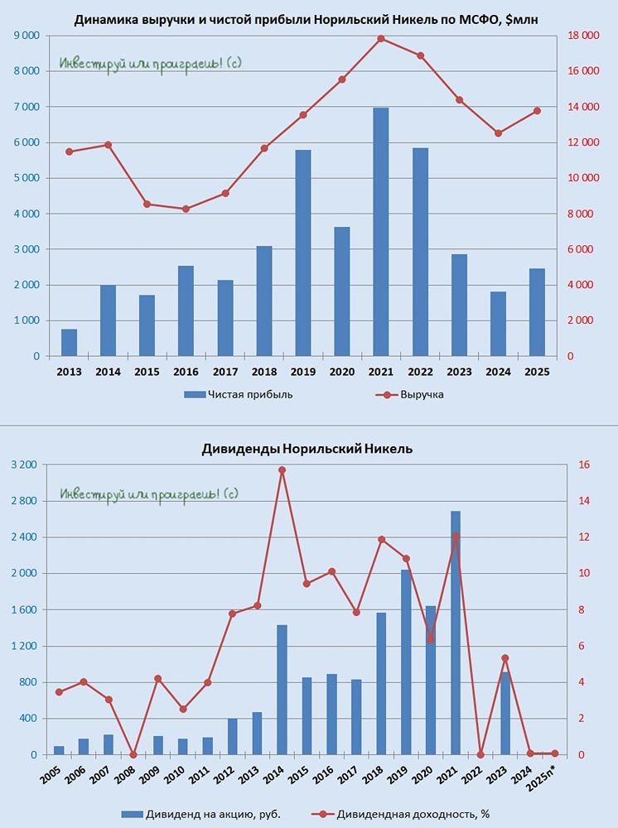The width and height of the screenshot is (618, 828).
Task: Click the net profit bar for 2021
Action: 381,232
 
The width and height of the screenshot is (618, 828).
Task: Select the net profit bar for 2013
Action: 69,343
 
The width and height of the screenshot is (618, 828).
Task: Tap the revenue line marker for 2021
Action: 381,39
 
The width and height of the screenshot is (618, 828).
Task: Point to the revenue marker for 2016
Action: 186,209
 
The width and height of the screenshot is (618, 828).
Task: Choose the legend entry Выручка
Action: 422,394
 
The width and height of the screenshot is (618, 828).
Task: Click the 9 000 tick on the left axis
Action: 24,36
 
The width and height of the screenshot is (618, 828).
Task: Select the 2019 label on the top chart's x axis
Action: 302,373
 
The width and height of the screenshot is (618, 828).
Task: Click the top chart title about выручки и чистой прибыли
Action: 307,19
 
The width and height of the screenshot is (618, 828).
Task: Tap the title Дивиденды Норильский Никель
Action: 307,449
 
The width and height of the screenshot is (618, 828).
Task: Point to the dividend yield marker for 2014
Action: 282,470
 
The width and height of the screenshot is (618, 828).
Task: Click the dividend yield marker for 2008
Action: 133,754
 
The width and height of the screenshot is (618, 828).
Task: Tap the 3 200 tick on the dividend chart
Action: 24,465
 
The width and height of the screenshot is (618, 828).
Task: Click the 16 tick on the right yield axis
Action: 583,465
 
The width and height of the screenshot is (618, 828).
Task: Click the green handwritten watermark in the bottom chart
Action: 149,494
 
